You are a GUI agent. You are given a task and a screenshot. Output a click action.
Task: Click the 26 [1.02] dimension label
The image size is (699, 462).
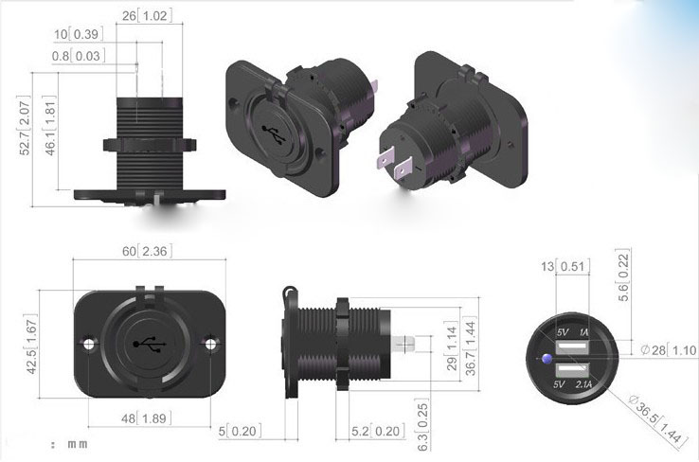(x=145, y=16)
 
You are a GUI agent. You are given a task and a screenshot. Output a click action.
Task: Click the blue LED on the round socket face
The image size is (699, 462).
(x=547, y=358)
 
